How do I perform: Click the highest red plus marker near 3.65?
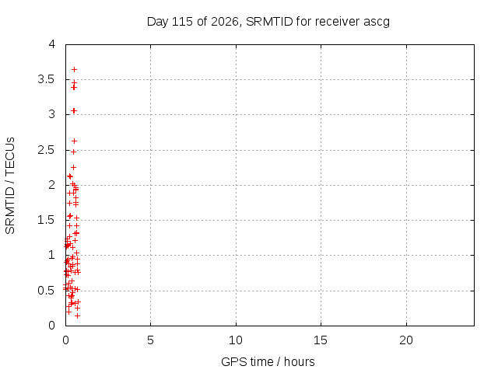tap(75, 69)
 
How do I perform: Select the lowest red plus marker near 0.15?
tap(77, 316)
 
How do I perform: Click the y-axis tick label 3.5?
tap(47, 79)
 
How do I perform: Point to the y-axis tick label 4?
tap(52, 44)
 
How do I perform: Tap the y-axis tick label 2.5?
tap(47, 150)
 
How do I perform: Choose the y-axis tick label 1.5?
tap(47, 220)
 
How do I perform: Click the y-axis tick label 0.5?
tap(47, 291)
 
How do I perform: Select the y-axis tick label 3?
tap(52, 114)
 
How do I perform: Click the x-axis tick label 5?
tap(150, 340)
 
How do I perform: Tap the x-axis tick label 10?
tap(236, 340)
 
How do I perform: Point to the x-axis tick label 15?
tap(321, 340)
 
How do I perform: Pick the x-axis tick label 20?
tap(406, 340)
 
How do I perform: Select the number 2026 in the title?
tap(225, 22)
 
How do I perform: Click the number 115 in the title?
tap(182, 22)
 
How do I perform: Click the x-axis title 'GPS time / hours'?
tap(268, 362)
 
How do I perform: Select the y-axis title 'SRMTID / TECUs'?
tap(10, 186)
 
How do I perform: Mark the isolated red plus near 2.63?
tap(75, 141)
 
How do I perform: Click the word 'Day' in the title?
tap(157, 23)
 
